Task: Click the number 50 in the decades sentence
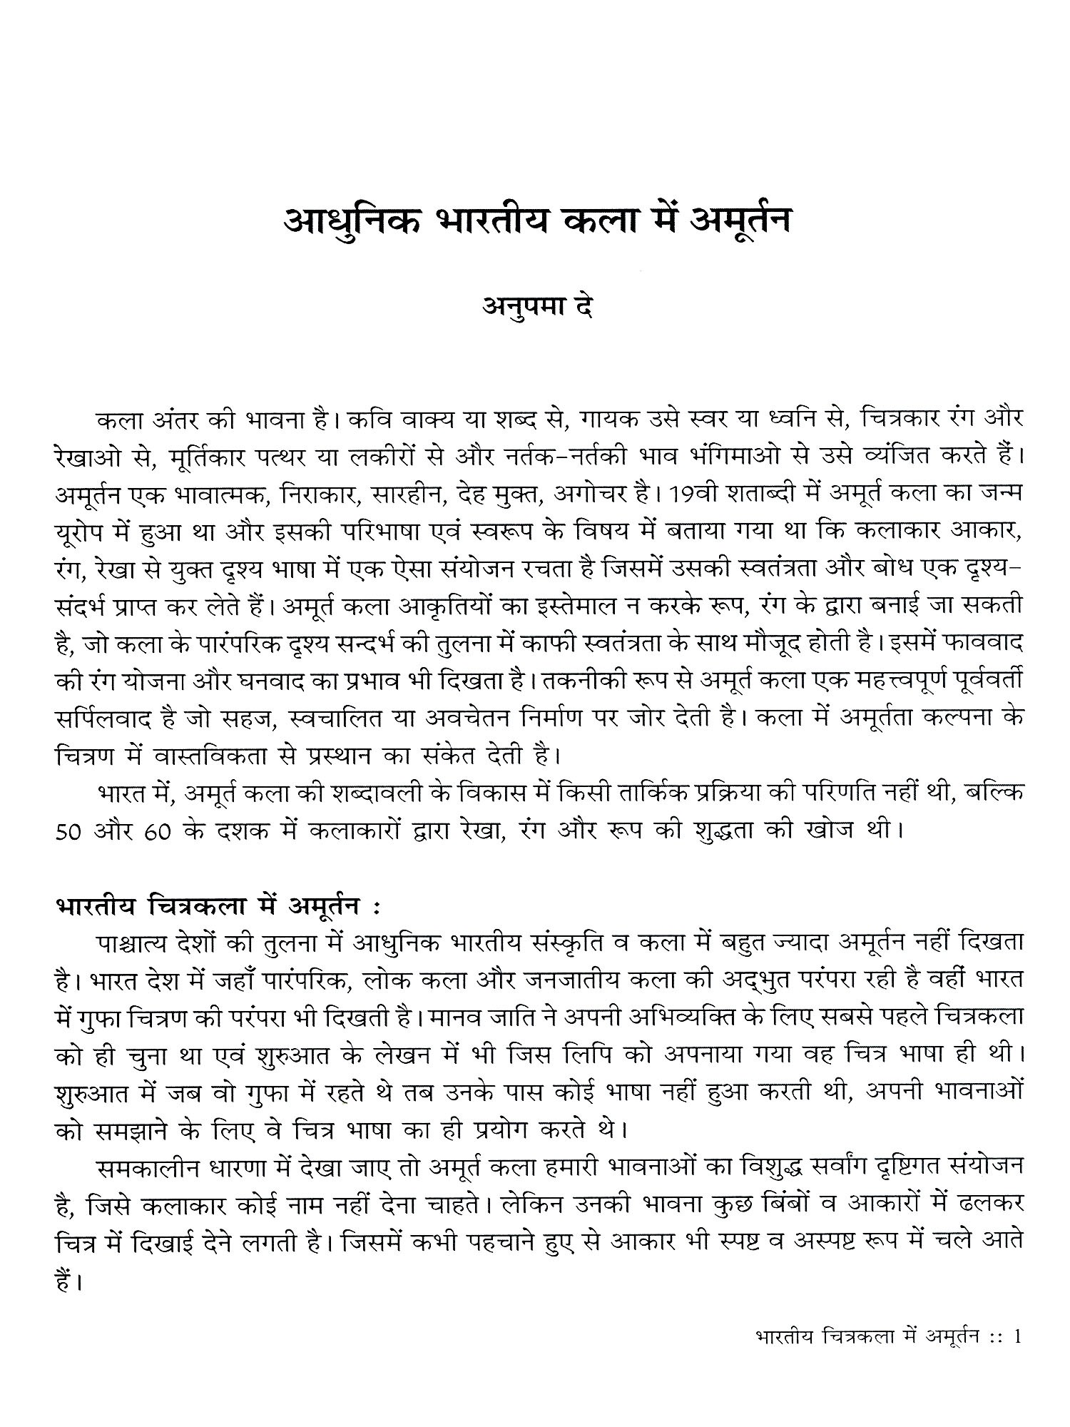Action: point(70,832)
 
